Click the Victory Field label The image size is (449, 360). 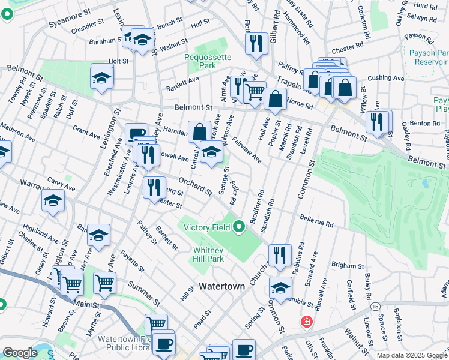(208, 227)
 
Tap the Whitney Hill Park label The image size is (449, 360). (208, 254)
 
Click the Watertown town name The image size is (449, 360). (222, 287)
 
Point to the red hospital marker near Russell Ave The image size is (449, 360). (307, 322)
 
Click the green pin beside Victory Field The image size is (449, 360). (239, 226)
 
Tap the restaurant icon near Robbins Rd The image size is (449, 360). (280, 255)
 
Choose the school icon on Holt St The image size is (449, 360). (102, 77)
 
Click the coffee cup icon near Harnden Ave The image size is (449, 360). (136, 134)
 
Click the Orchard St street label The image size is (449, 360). (195, 186)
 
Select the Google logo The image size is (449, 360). (20, 353)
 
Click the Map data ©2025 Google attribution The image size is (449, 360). (411, 355)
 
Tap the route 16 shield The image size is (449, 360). (375, 307)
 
